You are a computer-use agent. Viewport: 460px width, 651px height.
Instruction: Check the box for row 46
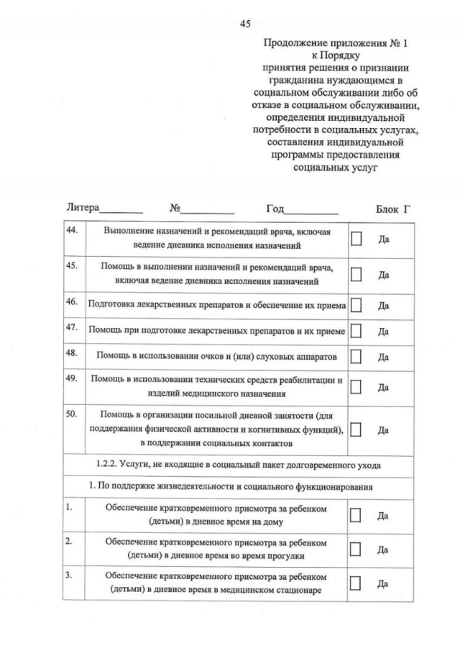[356, 306]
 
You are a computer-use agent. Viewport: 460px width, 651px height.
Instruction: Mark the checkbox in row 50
[356, 429]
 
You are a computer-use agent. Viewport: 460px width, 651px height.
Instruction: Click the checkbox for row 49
[356, 387]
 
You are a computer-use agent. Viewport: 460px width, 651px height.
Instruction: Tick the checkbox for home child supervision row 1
[356, 515]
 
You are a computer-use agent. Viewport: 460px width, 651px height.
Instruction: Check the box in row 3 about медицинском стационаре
[356, 583]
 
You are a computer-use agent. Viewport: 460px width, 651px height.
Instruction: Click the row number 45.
[71, 265]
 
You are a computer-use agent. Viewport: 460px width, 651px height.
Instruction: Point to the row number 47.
[71, 327]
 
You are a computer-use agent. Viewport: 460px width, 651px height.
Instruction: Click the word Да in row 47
[384, 332]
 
